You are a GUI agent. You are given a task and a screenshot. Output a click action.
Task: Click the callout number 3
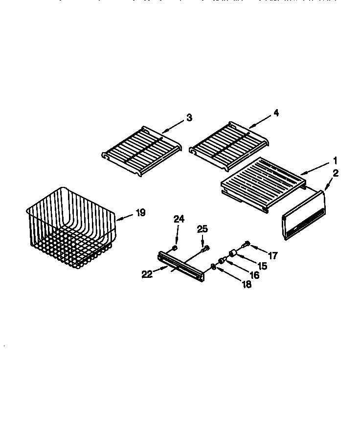pyautogui.click(x=189, y=117)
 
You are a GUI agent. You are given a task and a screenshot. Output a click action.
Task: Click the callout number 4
pyautogui.click(x=276, y=113)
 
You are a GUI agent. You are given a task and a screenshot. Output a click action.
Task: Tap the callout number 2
pyautogui.click(x=336, y=172)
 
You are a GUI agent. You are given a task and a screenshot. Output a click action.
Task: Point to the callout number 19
pyautogui.click(x=140, y=212)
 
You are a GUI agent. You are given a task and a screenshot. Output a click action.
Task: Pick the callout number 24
pyautogui.click(x=179, y=219)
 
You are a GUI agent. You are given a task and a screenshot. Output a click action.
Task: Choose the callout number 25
pyautogui.click(x=202, y=229)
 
